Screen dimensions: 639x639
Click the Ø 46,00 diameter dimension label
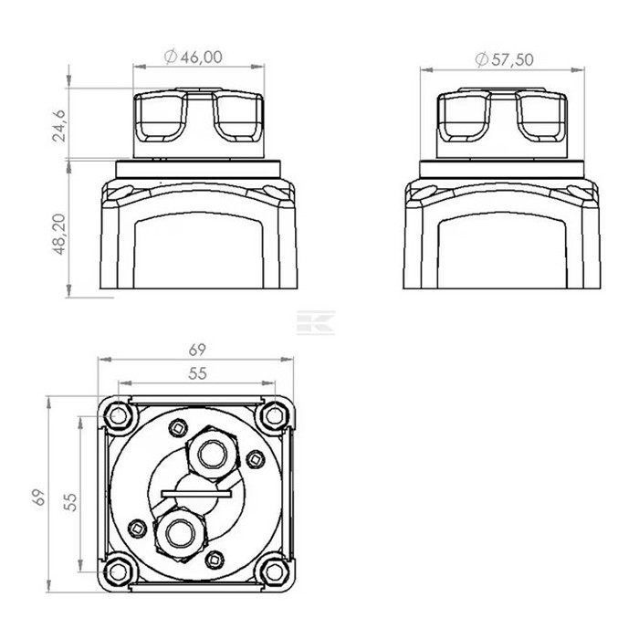[194, 57]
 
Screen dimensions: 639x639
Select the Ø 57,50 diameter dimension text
[505, 59]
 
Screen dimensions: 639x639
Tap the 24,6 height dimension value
[59, 126]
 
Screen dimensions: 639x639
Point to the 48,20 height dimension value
[59, 235]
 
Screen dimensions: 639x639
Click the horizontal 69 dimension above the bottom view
[197, 350]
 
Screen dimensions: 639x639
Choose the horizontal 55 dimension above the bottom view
[197, 373]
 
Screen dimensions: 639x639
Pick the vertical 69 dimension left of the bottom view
[38, 498]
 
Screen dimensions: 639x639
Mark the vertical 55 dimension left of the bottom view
[70, 502]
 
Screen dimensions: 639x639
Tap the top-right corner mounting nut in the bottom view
[274, 416]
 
